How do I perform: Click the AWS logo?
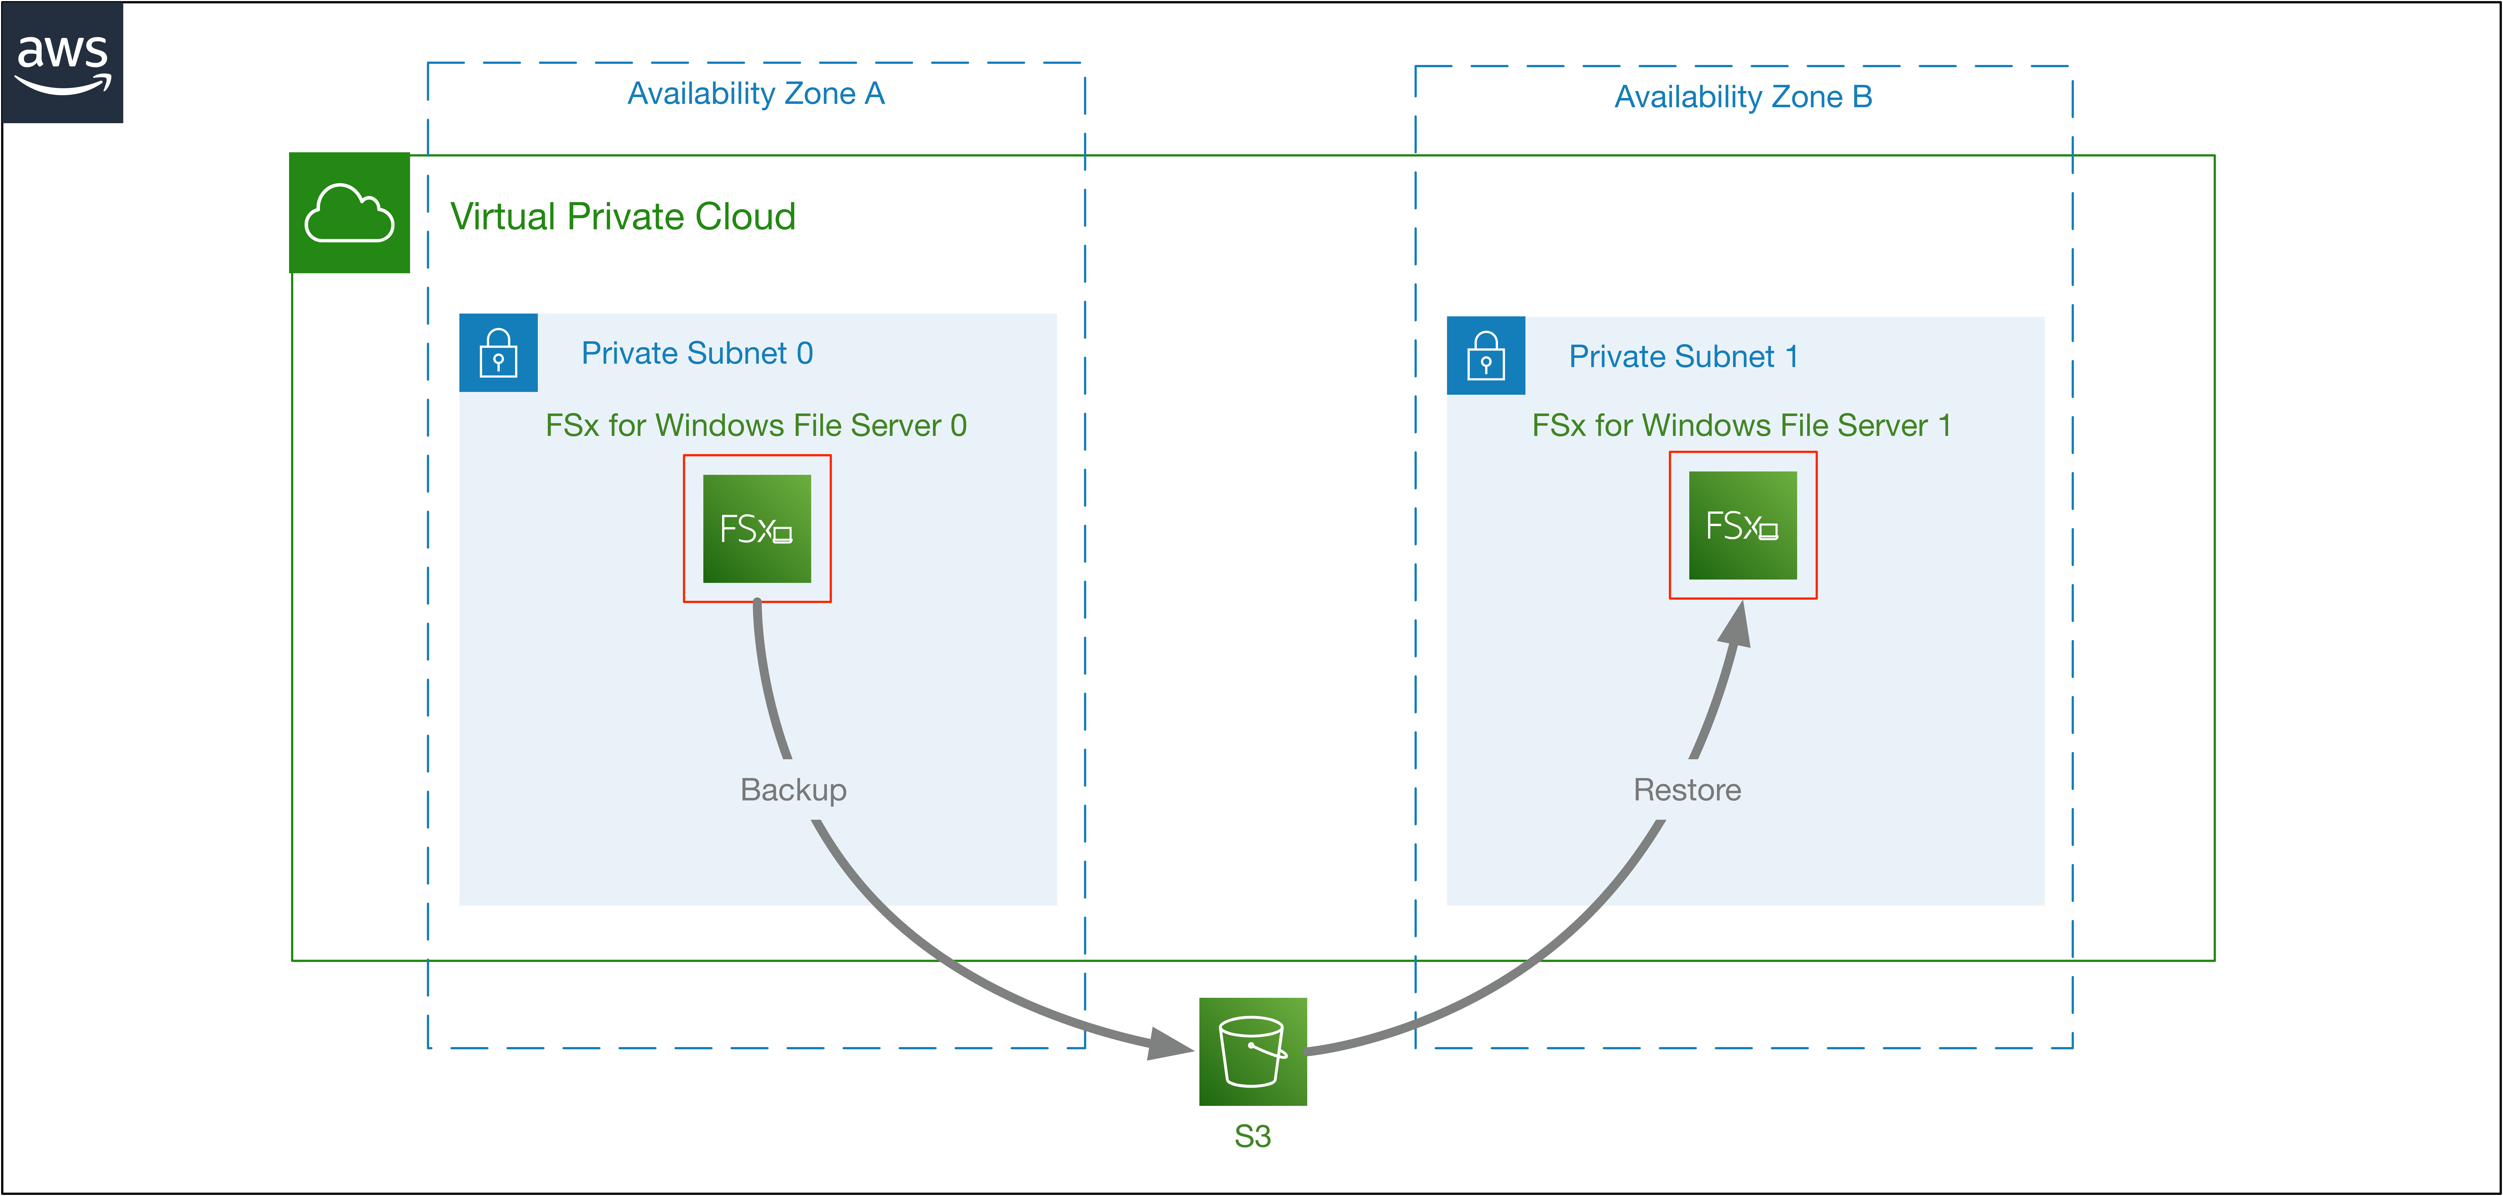coord(62,62)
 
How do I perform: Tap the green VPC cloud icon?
coord(350,213)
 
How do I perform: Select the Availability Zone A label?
coord(756,93)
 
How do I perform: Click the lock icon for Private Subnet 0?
coord(499,353)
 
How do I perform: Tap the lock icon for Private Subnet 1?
coord(1486,356)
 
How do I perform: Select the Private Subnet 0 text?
coord(697,353)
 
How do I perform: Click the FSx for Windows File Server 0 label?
coord(756,426)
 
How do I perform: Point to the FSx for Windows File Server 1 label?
coord(1741,426)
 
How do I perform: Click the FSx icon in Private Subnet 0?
coord(757,529)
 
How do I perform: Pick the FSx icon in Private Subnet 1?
coord(1743,525)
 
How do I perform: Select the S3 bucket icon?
coord(1252,1051)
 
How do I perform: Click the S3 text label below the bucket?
coord(1252,1136)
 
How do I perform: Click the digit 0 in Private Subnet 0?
coord(804,353)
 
